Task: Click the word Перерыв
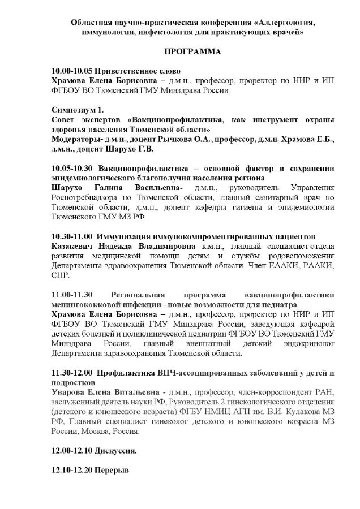[x=113, y=470]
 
